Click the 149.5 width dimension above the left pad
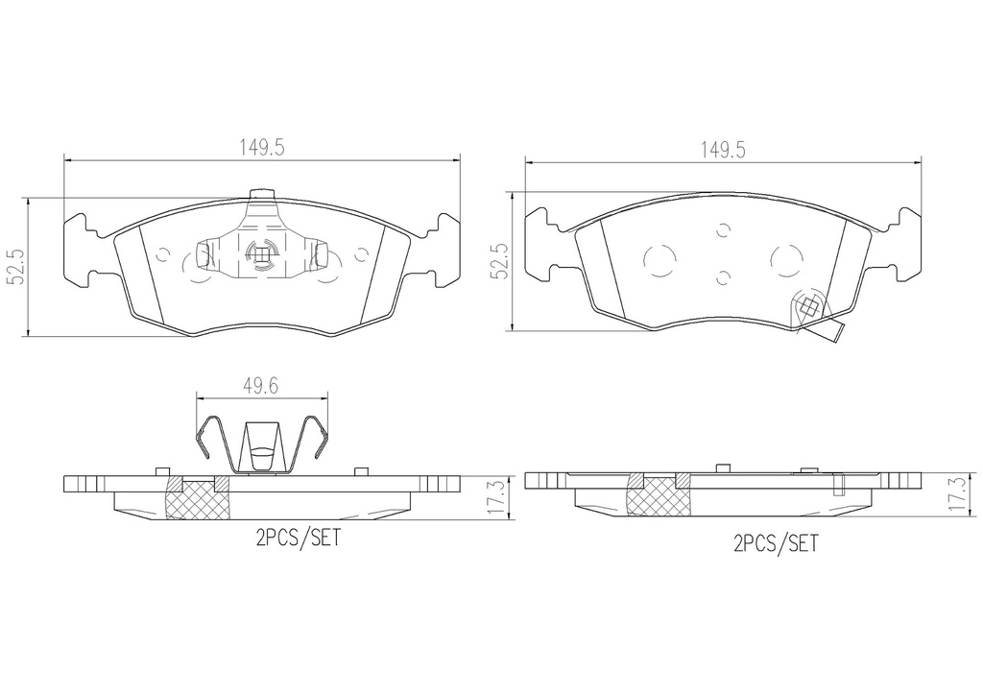pos(262,148)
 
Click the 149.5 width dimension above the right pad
pos(723,151)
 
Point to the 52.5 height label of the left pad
pos(15,266)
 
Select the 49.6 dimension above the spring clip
pos(261,386)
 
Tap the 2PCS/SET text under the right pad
pos(776,542)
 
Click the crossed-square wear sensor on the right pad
pos(809,307)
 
